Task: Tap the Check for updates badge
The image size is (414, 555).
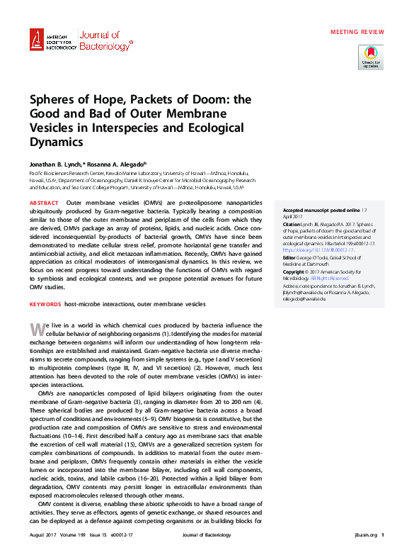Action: [371, 57]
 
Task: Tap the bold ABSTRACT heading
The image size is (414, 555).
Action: [44, 203]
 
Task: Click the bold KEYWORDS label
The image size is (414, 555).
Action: [45, 304]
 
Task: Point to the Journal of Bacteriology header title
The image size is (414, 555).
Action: [104, 41]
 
